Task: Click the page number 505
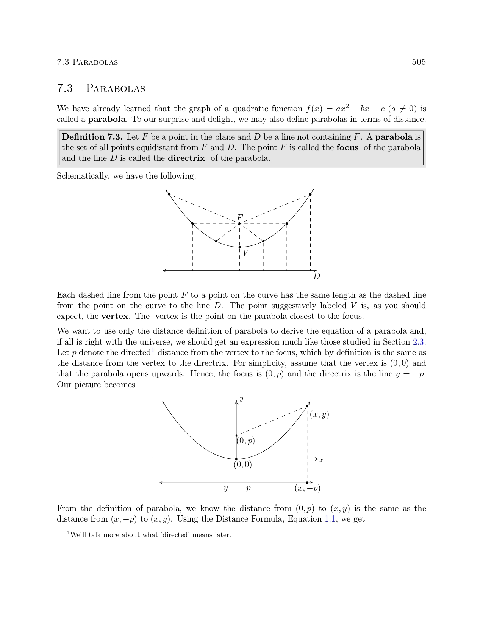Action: point(419,62)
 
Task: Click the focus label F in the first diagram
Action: point(239,217)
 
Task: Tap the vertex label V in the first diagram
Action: point(245,253)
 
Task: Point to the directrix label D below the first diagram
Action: point(317,276)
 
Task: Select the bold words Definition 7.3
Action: point(92,137)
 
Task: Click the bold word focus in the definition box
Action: point(347,147)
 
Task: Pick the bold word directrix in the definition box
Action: point(186,158)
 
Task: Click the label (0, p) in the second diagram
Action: point(246,441)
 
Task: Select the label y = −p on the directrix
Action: point(237,488)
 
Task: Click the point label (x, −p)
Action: point(307,488)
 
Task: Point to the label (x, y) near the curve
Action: point(319,414)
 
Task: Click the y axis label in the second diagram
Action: point(242,399)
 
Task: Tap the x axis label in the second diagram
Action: point(321,460)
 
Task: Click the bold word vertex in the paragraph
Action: point(115,316)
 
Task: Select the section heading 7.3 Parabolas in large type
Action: point(101,88)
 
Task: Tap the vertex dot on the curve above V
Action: point(239,247)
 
